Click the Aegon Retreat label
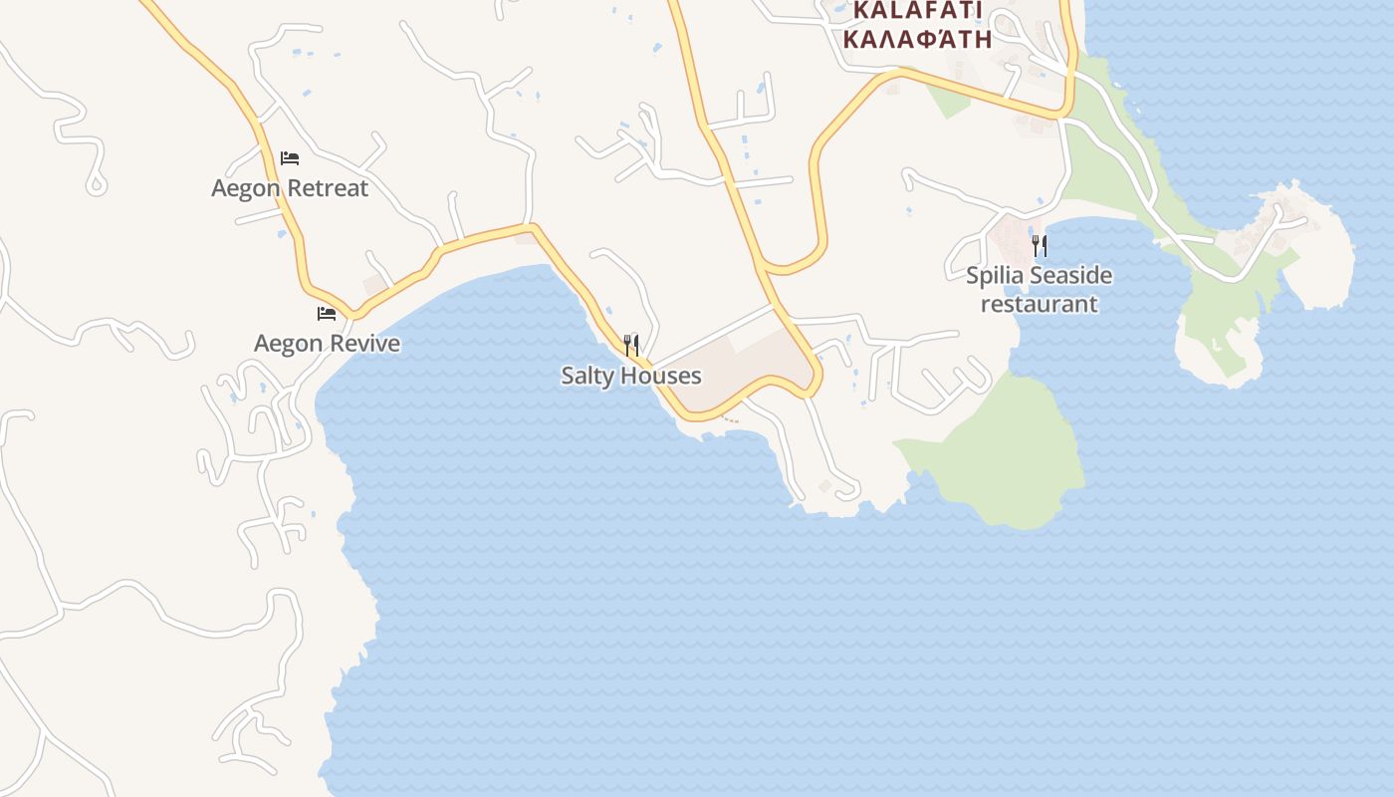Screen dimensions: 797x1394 (x=290, y=188)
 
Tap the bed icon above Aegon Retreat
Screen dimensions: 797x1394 (x=290, y=157)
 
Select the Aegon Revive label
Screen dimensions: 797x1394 (x=327, y=344)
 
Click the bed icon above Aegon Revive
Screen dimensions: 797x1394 (x=327, y=314)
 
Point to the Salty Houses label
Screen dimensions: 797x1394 (x=631, y=376)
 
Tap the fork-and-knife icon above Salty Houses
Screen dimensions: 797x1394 (x=631, y=346)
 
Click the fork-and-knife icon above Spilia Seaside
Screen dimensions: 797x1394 (x=1040, y=245)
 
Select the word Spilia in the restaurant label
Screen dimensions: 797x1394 (x=995, y=275)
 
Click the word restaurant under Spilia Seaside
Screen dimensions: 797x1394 (x=1039, y=304)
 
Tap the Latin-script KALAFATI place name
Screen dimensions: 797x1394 (x=917, y=11)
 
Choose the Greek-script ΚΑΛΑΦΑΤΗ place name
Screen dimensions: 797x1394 (x=917, y=40)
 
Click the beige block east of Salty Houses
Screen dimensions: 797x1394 (x=747, y=369)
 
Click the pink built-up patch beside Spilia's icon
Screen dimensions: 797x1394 (x=1011, y=239)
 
